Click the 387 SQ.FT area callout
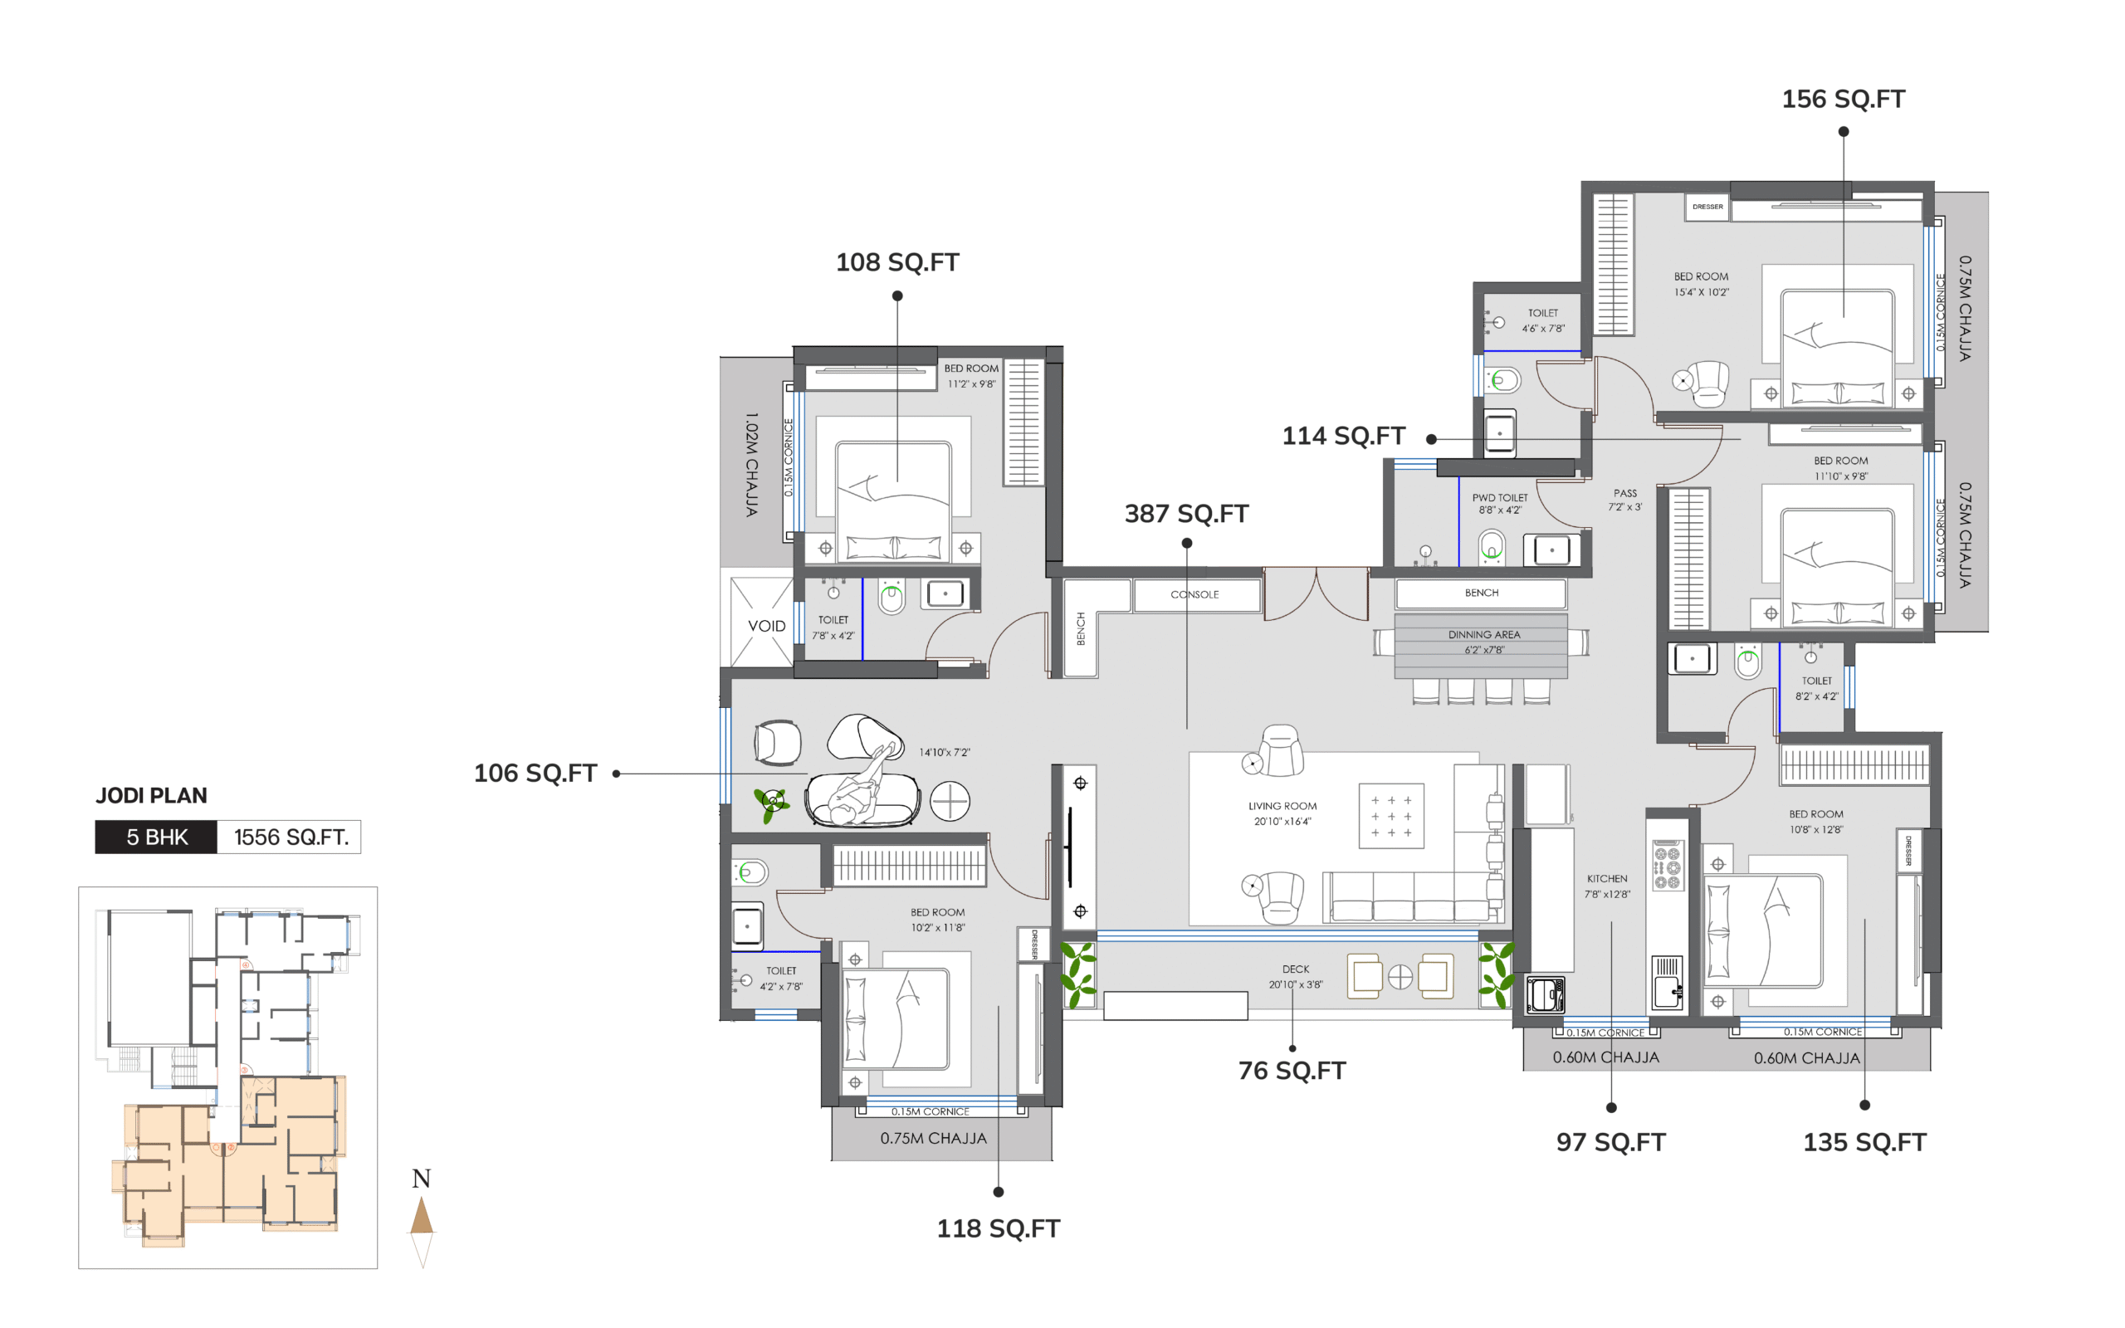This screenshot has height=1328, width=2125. coord(1186,514)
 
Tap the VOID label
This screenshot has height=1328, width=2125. coord(767,626)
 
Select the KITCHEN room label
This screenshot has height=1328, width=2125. coord(1607,878)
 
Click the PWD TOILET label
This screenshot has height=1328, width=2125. coord(1500,498)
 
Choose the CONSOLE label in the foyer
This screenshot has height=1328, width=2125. coord(1194,594)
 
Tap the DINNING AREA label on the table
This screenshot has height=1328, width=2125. coord(1484,635)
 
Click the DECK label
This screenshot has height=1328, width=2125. coord(1295,969)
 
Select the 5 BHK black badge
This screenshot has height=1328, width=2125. coord(156,837)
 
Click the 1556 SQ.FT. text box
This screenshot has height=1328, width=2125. coord(290,837)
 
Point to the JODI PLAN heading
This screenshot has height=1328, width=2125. coord(151,796)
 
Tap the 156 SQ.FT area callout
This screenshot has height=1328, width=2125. coord(1843,100)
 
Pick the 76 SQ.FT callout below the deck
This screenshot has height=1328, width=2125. coord(1292,1071)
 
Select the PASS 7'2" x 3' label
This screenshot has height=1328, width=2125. coord(1624,500)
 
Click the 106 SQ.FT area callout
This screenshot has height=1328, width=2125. coord(535,773)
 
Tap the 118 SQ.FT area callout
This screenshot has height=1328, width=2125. coord(999,1228)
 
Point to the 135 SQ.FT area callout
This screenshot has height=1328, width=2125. coord(1864,1143)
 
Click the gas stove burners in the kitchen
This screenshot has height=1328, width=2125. coord(1667,867)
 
